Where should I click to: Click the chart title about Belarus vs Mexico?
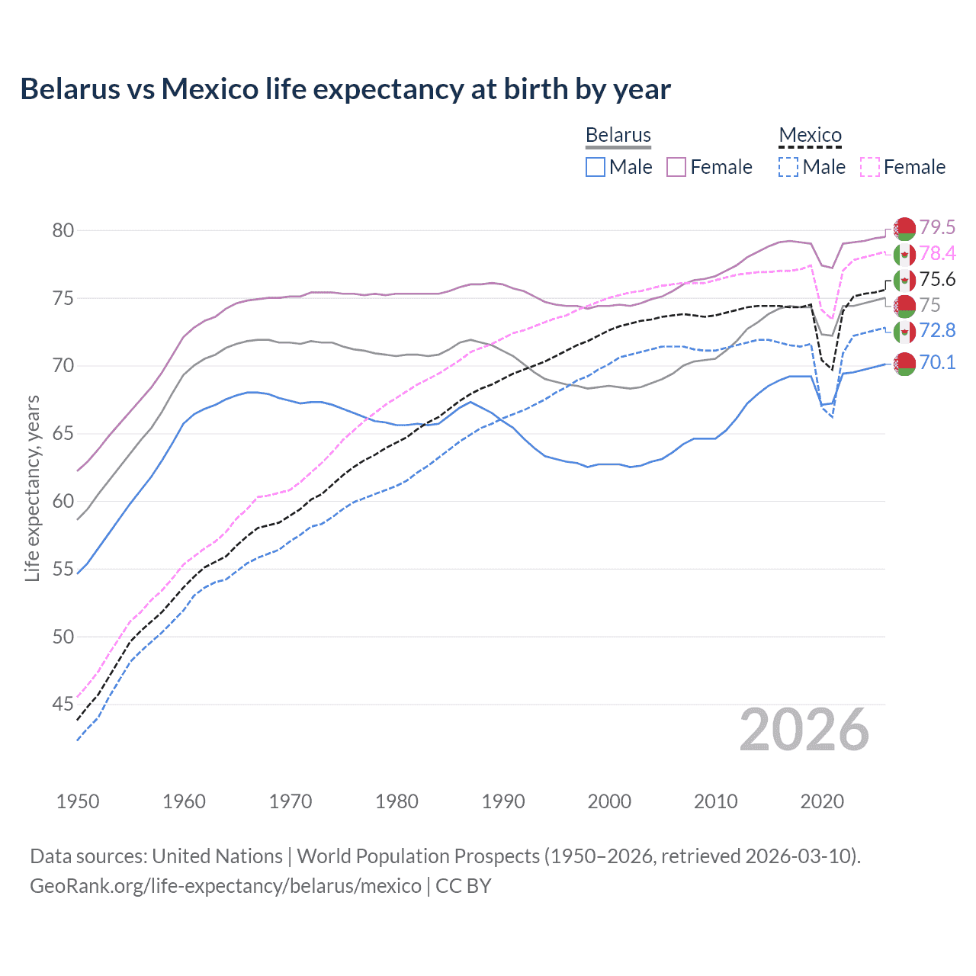tap(345, 89)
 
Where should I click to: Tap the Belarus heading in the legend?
tap(618, 135)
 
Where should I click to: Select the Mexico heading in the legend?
tap(810, 135)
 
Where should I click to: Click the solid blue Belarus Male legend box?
tap(596, 167)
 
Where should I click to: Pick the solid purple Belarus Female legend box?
tap(676, 167)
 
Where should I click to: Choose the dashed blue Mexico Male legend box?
tap(788, 167)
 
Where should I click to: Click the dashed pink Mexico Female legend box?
tap(870, 167)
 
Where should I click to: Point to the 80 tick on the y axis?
tap(63, 230)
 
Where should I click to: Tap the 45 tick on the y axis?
tap(63, 704)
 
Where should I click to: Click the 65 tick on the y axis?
tap(63, 433)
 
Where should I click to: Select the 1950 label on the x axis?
tap(78, 801)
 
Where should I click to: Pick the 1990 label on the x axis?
tap(503, 801)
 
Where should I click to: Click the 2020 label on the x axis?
tap(822, 801)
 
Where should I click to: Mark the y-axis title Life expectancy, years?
tap(33, 488)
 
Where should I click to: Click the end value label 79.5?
tap(937, 227)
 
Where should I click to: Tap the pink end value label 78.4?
tap(937, 253)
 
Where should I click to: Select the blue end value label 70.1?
tap(937, 362)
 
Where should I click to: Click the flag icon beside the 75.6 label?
tap(904, 280)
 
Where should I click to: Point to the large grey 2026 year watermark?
tap(804, 730)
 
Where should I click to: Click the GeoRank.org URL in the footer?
tap(226, 886)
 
